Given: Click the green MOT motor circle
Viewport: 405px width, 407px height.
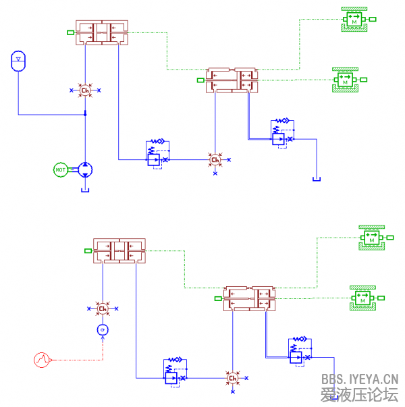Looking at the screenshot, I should tap(61, 169).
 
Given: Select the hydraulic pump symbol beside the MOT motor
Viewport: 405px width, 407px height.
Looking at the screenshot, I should tap(86, 169).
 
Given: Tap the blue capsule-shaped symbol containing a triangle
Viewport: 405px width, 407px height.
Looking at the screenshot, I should tap(18, 61).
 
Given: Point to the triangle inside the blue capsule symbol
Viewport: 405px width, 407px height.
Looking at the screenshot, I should tap(18, 59).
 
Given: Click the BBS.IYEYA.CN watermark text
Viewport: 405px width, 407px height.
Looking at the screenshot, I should tap(360, 380).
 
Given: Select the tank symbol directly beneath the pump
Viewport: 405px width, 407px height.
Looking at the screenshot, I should tap(86, 189).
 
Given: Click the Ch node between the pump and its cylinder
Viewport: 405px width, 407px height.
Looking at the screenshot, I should tap(85, 90).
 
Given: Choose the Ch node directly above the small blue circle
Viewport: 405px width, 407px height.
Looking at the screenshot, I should tap(103, 309).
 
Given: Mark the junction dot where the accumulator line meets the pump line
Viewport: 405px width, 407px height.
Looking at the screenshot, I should tap(85, 114).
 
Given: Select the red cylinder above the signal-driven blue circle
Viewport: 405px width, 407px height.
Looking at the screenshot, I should tap(119, 250).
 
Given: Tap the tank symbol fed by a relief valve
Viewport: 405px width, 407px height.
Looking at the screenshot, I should tap(316, 180).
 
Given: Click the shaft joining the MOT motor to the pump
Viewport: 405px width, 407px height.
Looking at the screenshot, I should tap(73, 169).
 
